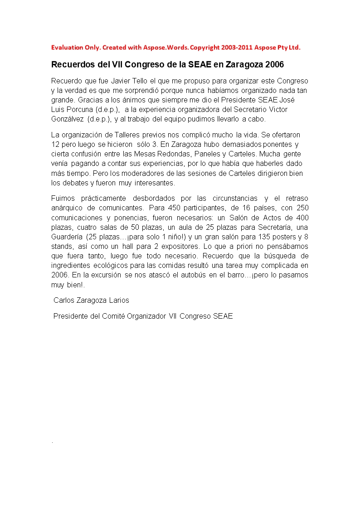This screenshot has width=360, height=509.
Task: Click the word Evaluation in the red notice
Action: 66,48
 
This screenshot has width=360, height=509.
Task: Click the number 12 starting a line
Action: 55,145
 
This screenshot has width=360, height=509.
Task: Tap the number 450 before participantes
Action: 174,208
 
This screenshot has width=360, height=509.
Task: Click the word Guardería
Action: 66,237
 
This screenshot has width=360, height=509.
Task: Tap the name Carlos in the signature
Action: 63,300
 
